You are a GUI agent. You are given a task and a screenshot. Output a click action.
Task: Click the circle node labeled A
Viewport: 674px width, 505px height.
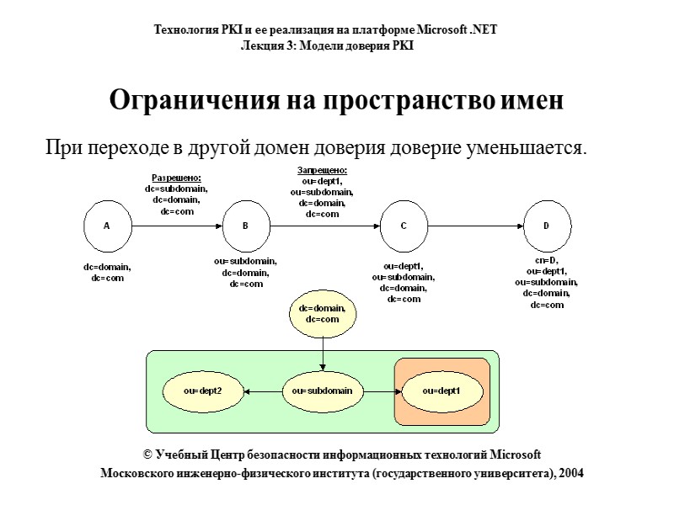[x=107, y=226]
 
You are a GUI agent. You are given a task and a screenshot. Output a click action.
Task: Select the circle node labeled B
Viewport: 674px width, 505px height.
[x=245, y=226]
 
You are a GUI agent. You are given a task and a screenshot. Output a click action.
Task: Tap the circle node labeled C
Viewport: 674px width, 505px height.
[x=403, y=226]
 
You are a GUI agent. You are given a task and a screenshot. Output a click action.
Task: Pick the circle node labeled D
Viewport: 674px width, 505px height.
[x=546, y=226]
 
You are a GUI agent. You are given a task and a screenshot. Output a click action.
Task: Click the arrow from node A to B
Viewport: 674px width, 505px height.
[x=176, y=226]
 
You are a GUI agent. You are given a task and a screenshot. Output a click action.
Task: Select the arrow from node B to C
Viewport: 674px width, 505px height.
[x=324, y=226]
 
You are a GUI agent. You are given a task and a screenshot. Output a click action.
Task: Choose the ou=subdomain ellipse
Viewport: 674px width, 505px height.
[x=323, y=391]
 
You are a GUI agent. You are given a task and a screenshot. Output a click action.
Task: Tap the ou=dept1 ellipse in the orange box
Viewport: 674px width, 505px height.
[x=441, y=391]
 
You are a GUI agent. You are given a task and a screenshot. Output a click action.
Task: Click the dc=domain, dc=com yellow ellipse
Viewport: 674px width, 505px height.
[x=323, y=314]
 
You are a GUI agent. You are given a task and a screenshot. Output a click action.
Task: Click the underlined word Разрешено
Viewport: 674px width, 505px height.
[x=176, y=178]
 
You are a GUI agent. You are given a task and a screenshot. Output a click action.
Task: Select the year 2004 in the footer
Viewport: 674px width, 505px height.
[x=570, y=474]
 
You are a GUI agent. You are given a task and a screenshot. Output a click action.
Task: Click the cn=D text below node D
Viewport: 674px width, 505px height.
[x=547, y=261]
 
